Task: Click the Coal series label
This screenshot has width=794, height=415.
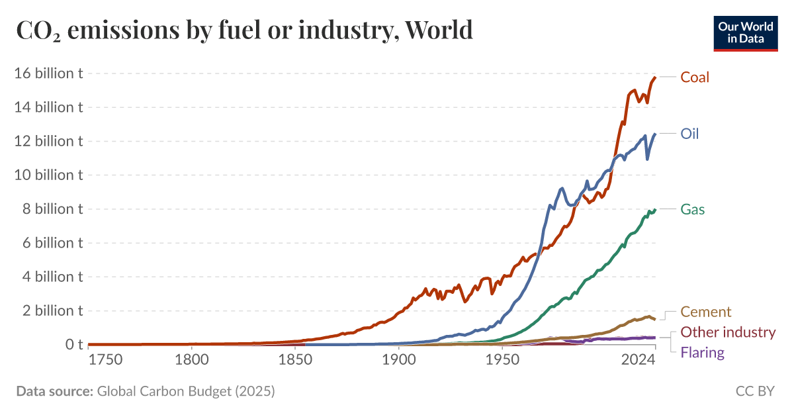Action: pyautogui.click(x=694, y=77)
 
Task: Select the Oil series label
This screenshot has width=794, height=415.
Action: pyautogui.click(x=689, y=134)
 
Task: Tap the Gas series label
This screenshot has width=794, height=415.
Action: pyautogui.click(x=692, y=210)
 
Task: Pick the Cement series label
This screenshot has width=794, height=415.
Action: pyautogui.click(x=705, y=312)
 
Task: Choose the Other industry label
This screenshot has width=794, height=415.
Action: pyautogui.click(x=727, y=332)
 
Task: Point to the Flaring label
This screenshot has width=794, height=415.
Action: pyautogui.click(x=702, y=353)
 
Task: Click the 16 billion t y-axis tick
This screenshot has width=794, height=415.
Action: pyautogui.click(x=48, y=73)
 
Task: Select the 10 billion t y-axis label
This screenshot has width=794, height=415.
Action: pyautogui.click(x=48, y=175)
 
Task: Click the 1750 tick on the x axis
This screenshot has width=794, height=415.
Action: pyautogui.click(x=105, y=361)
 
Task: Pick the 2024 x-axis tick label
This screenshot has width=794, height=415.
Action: pyautogui.click(x=638, y=361)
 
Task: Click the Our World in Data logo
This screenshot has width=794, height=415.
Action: pyautogui.click(x=745, y=32)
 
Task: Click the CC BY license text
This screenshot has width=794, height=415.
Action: pyautogui.click(x=754, y=391)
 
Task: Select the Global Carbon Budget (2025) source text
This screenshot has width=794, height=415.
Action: pyautogui.click(x=185, y=391)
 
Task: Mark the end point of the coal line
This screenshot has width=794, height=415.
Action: pyautogui.click(x=655, y=77)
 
